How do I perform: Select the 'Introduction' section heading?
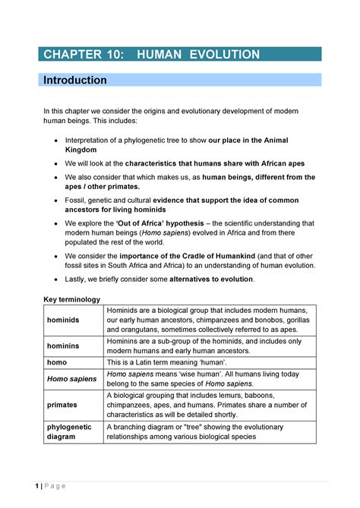click(x=74, y=80)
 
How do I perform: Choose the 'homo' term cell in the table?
click(x=57, y=362)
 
